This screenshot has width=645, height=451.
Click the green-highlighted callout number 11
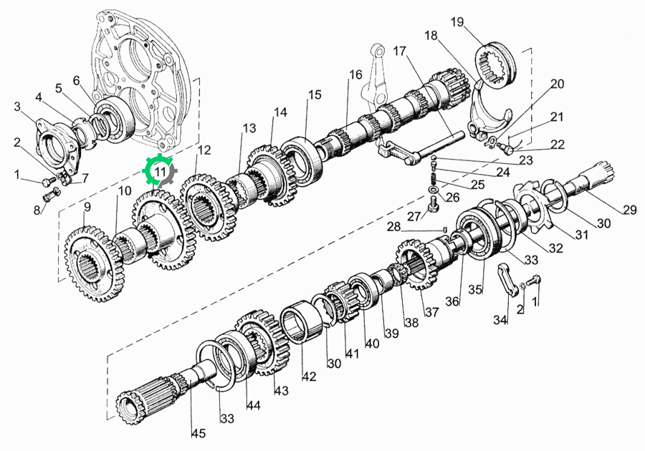click(x=160, y=171)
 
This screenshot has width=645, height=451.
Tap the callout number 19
click(x=457, y=21)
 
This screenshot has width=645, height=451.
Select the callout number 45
click(x=199, y=433)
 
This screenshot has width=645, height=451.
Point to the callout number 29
click(x=629, y=210)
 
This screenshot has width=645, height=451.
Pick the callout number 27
click(x=415, y=215)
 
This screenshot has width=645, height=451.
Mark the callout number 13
click(x=249, y=127)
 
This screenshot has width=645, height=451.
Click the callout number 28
click(x=393, y=226)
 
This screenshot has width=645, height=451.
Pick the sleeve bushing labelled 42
click(x=301, y=321)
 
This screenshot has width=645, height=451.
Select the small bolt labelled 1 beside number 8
click(x=49, y=180)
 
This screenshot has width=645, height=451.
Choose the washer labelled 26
click(x=433, y=190)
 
